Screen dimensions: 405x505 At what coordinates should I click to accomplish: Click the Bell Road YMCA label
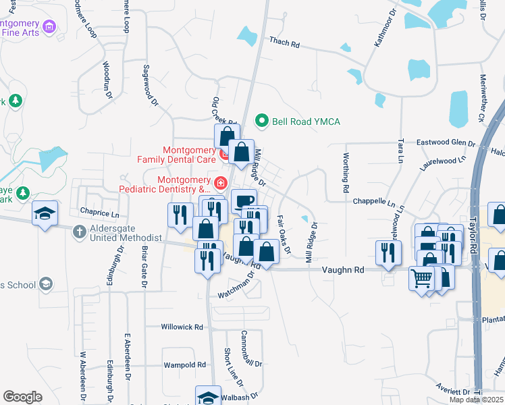pyautogui.click(x=306, y=122)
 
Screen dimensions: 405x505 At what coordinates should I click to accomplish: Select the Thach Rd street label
pyautogui.click(x=284, y=43)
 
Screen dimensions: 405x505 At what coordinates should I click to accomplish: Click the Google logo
pyautogui.click(x=22, y=397)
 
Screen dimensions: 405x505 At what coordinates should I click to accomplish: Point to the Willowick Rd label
pyautogui.click(x=182, y=327)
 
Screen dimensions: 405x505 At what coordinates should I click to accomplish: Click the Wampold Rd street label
pyautogui.click(x=185, y=364)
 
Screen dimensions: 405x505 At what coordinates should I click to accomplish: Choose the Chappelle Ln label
pyautogui.click(x=373, y=202)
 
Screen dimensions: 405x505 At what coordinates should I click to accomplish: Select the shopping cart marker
pyautogui.click(x=421, y=277)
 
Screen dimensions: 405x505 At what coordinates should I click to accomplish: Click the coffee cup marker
pyautogui.click(x=244, y=200)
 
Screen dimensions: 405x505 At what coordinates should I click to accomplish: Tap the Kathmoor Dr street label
pyautogui.click(x=383, y=28)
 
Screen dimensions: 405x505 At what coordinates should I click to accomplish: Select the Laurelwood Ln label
pyautogui.click(x=443, y=161)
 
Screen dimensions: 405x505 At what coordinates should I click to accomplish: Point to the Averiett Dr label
pyautogui.click(x=453, y=392)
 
